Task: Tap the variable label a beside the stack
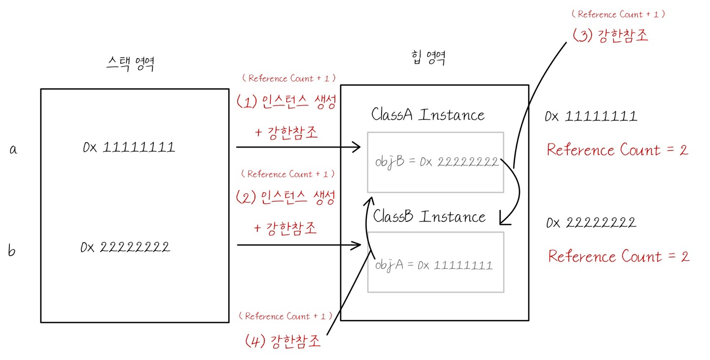pyautogui.click(x=13, y=149)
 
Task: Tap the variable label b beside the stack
pyautogui.click(x=12, y=251)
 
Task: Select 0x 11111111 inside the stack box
pyautogui.click(x=129, y=147)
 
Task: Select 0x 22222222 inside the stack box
pyautogui.click(x=126, y=247)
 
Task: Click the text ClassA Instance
pyautogui.click(x=427, y=115)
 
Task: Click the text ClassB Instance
pyautogui.click(x=429, y=216)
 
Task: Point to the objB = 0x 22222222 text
pyautogui.click(x=436, y=162)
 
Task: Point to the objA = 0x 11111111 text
pyautogui.click(x=433, y=265)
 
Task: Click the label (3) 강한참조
pyautogui.click(x=610, y=36)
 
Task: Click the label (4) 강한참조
pyautogui.click(x=283, y=341)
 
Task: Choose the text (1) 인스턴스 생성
pyautogui.click(x=286, y=102)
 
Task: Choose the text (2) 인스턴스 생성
pyautogui.click(x=286, y=198)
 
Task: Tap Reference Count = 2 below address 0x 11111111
pyautogui.click(x=617, y=150)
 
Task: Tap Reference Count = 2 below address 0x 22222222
pyautogui.click(x=618, y=256)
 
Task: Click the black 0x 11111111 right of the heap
pyautogui.click(x=591, y=116)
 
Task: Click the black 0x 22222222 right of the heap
pyautogui.click(x=591, y=223)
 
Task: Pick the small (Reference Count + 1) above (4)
pyautogui.click(x=285, y=316)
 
